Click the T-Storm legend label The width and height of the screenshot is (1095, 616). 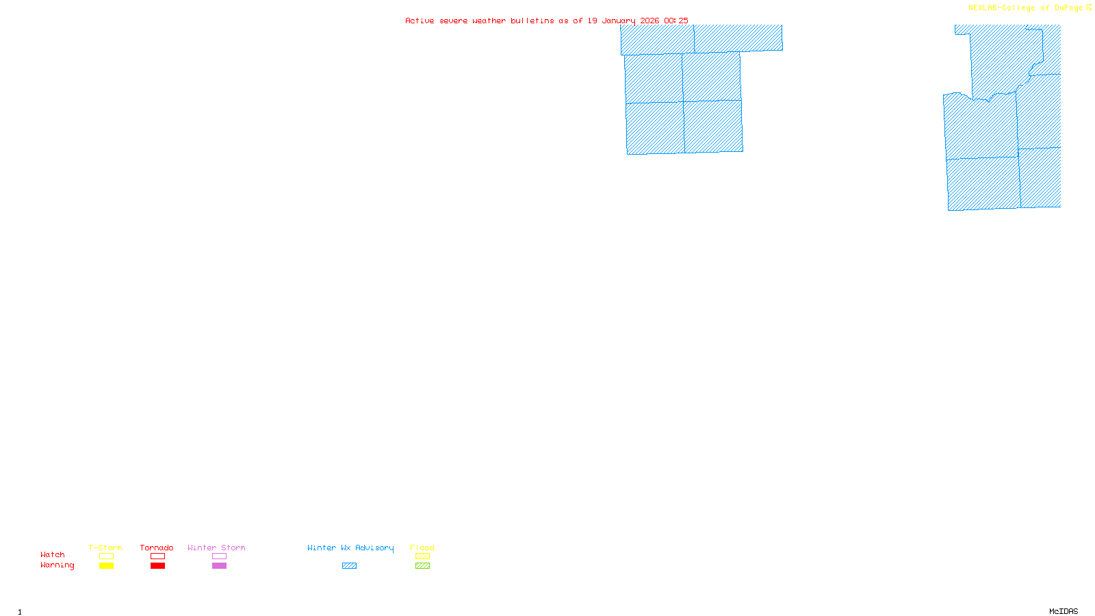click(105, 548)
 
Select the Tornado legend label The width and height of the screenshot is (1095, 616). click(157, 548)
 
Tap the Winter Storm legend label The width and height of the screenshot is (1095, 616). click(216, 548)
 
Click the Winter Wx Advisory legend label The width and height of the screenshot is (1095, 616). click(350, 548)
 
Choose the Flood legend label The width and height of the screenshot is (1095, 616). click(422, 548)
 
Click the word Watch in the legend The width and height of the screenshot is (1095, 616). click(53, 554)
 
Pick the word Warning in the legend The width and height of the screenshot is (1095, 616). click(57, 565)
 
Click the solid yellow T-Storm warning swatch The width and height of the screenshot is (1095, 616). click(106, 566)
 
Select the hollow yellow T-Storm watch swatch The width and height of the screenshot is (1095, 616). click(106, 556)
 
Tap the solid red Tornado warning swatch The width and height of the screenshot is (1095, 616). click(157, 566)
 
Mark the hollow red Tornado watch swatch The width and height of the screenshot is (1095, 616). click(157, 556)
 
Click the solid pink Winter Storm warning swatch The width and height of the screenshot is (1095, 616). click(219, 566)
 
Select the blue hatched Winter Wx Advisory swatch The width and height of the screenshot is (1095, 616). click(349, 566)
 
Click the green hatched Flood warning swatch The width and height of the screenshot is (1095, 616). click(422, 566)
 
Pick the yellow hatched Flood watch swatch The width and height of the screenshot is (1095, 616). click(422, 556)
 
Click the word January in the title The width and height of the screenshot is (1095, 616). click(619, 21)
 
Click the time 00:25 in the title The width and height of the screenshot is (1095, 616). click(676, 21)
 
